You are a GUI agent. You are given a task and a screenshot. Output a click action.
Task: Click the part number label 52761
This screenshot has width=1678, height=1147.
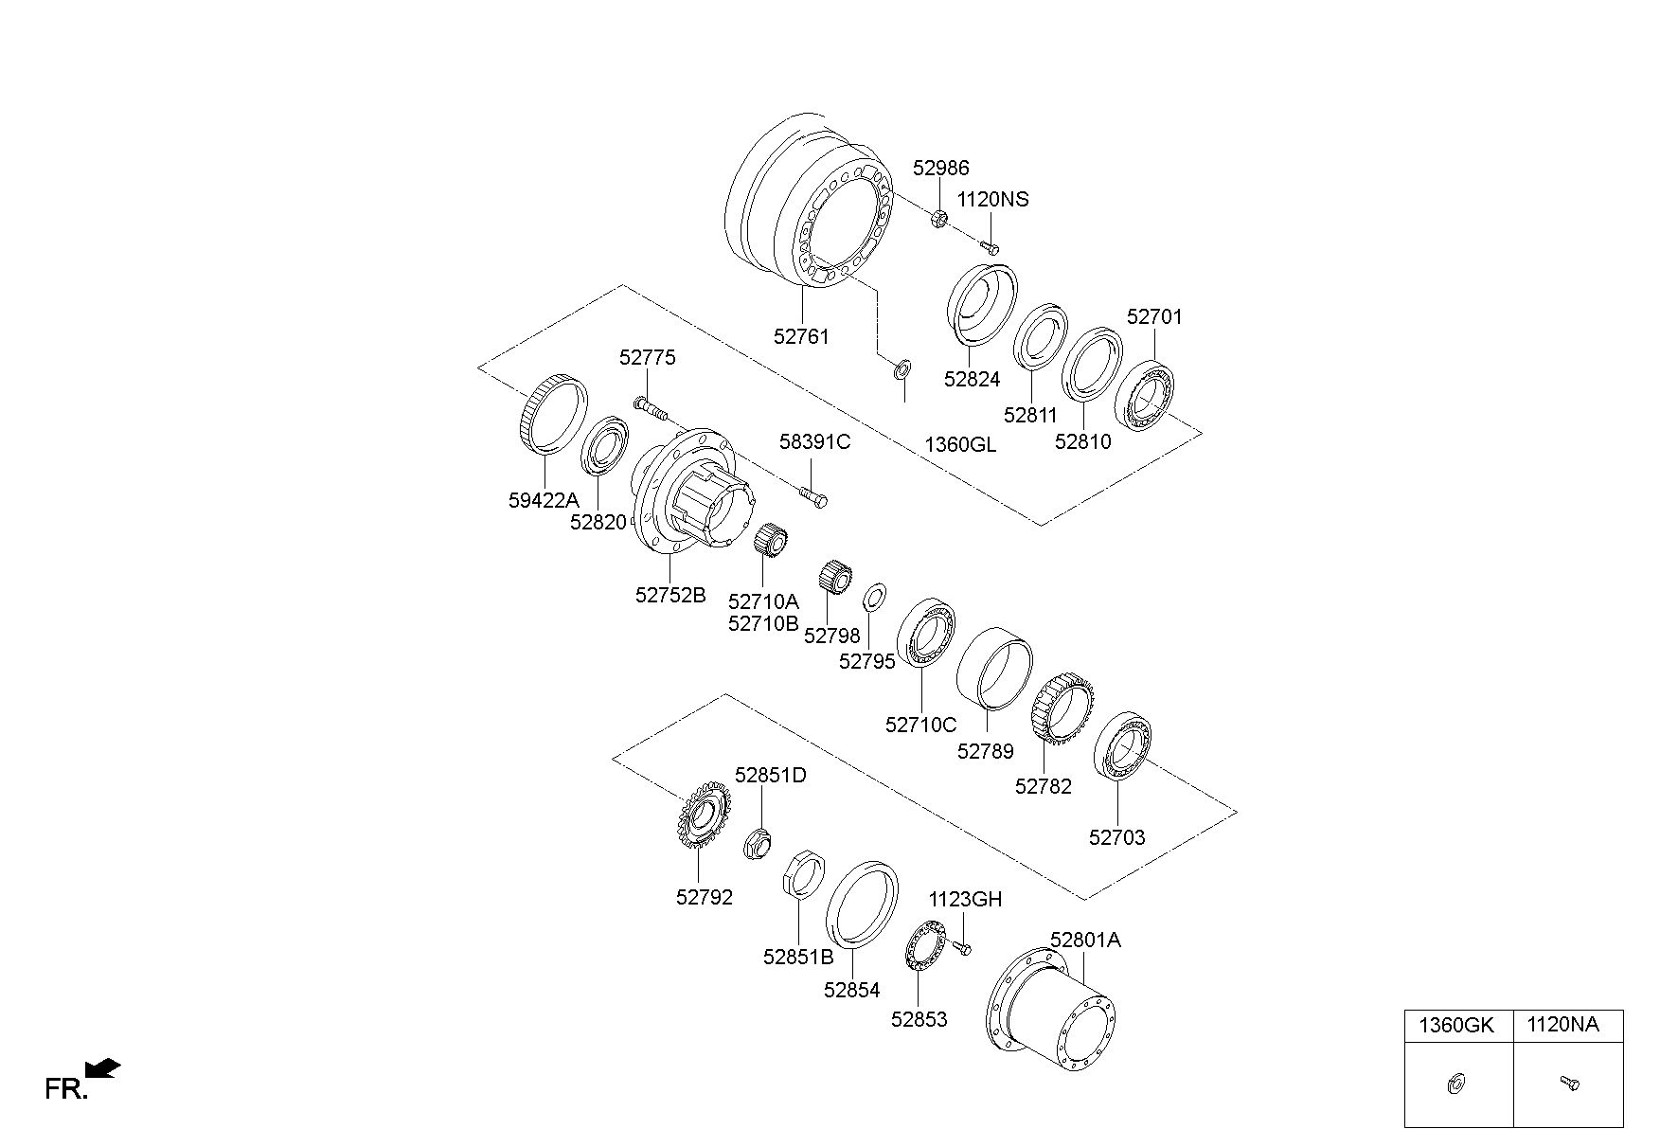click(x=801, y=336)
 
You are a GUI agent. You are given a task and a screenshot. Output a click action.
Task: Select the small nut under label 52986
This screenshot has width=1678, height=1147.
click(x=940, y=219)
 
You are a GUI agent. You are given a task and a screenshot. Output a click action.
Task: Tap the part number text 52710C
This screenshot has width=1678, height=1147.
click(x=920, y=726)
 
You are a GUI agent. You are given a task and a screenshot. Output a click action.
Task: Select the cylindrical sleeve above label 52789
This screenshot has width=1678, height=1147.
click(x=994, y=667)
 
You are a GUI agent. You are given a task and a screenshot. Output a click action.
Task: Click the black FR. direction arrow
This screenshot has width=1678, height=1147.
click(x=103, y=1068)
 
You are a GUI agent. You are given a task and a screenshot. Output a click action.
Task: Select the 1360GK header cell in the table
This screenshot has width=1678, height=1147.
click(x=1458, y=1026)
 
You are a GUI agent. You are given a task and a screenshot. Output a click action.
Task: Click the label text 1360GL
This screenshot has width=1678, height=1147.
click(x=960, y=444)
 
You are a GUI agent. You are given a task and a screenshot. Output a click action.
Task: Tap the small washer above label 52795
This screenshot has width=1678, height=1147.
click(x=874, y=599)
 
